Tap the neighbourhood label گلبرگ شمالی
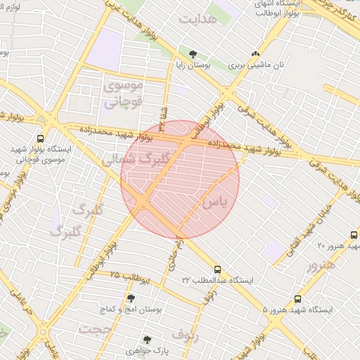(136, 158)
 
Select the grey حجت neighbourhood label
(96, 329)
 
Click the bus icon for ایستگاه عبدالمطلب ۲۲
(217, 269)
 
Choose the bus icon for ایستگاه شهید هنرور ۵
(298, 299)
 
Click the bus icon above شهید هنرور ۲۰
(354, 235)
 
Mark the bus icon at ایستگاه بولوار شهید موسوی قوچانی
(40, 139)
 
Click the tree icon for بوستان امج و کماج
(131, 298)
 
